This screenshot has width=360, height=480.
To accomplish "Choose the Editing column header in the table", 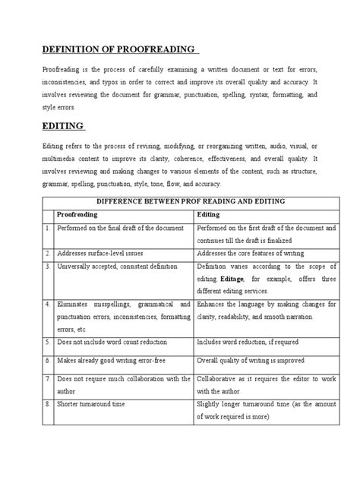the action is [208, 215].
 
